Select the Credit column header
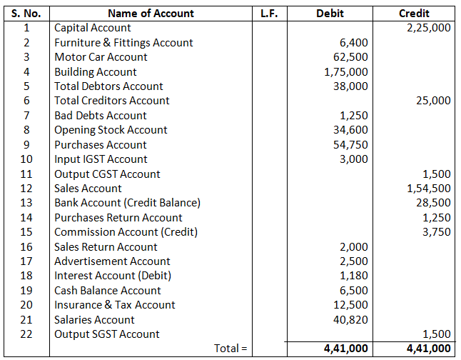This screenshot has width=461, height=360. [x=414, y=13]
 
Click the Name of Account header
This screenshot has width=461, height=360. [x=151, y=13]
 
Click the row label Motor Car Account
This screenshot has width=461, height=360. [x=101, y=57]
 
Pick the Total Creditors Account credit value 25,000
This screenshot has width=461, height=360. [x=433, y=101]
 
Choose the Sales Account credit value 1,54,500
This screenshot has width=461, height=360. [x=428, y=189]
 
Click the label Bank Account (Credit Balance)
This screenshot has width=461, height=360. [x=127, y=203]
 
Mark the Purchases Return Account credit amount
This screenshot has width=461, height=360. [x=437, y=218]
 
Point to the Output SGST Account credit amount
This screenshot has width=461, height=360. [x=437, y=334]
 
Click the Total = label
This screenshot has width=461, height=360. [x=230, y=349]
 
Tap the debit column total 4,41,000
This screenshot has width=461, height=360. [x=345, y=349]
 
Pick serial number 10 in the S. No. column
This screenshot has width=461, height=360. [x=26, y=159]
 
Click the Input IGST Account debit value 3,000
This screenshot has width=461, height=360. [x=354, y=159]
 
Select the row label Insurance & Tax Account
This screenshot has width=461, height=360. [x=114, y=305]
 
